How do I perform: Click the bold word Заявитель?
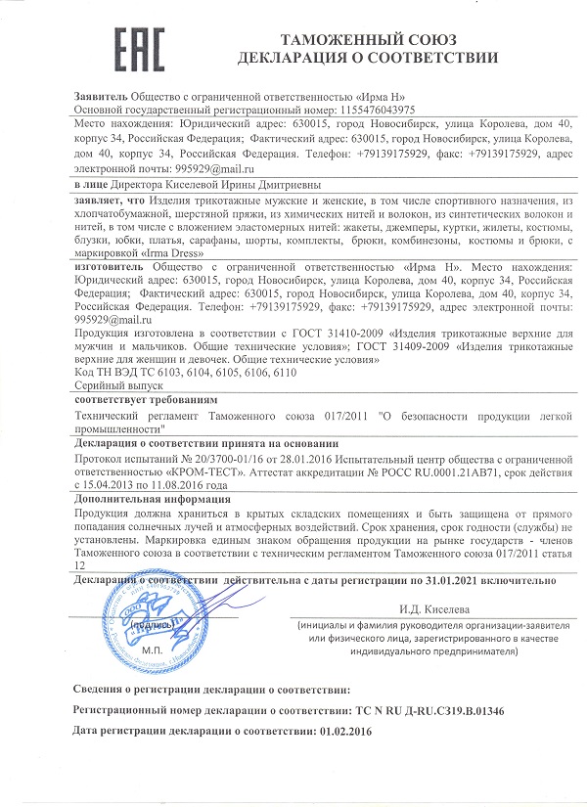[x=100, y=97]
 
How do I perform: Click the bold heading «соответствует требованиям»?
[x=147, y=401]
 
